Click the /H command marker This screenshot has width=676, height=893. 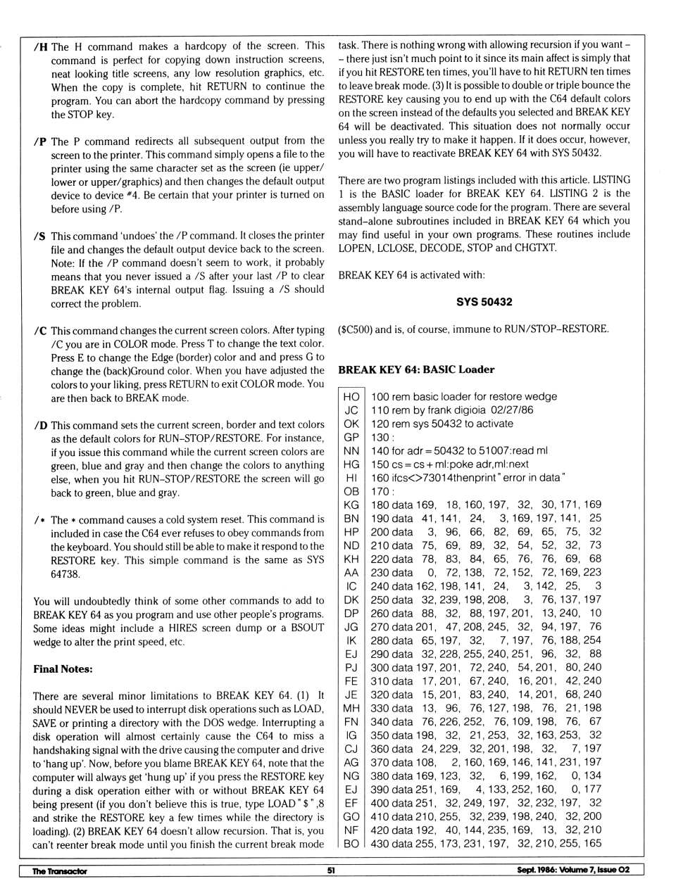40,47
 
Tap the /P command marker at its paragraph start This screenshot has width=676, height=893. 40,141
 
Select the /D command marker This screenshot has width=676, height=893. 40,426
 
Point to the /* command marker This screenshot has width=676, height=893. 39,521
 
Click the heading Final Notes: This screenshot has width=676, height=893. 63,669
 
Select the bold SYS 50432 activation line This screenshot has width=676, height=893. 484,302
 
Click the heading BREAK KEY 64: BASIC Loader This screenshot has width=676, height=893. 416,369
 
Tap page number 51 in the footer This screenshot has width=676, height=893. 331,870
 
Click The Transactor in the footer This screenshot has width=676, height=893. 60,871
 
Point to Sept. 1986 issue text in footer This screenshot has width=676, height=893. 572,870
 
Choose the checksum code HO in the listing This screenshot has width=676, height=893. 351,397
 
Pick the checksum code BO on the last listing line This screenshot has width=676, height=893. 351,843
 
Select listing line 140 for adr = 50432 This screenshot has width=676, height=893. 459,450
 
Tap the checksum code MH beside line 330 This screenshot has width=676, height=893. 351,708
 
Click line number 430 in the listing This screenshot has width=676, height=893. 380,843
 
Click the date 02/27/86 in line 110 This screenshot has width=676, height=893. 513,410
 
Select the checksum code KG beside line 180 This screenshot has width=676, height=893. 351,505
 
